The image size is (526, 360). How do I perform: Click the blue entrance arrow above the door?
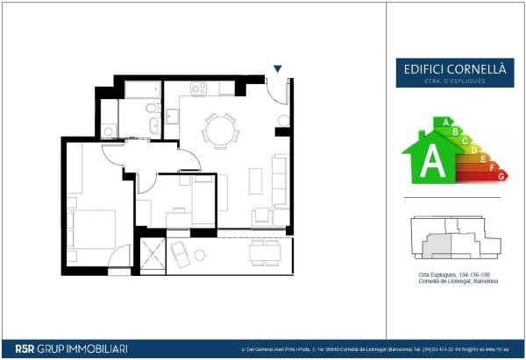278,69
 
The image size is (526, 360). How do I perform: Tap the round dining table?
218,132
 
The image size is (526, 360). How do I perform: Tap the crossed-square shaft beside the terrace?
153,257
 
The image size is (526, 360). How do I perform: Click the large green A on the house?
431,160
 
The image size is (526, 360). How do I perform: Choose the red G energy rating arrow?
501,176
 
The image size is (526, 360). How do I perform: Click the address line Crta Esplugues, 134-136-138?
452,275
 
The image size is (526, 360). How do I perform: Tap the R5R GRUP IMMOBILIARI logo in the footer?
66,349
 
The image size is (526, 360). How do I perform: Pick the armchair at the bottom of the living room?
262,215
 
